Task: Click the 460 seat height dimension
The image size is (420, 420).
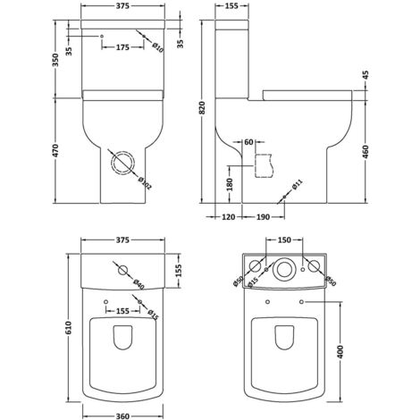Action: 367,152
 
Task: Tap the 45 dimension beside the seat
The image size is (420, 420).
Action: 367,75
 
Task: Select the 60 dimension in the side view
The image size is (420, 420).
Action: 248,142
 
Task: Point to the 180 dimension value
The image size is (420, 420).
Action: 231,183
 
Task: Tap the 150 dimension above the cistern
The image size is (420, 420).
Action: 283,240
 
